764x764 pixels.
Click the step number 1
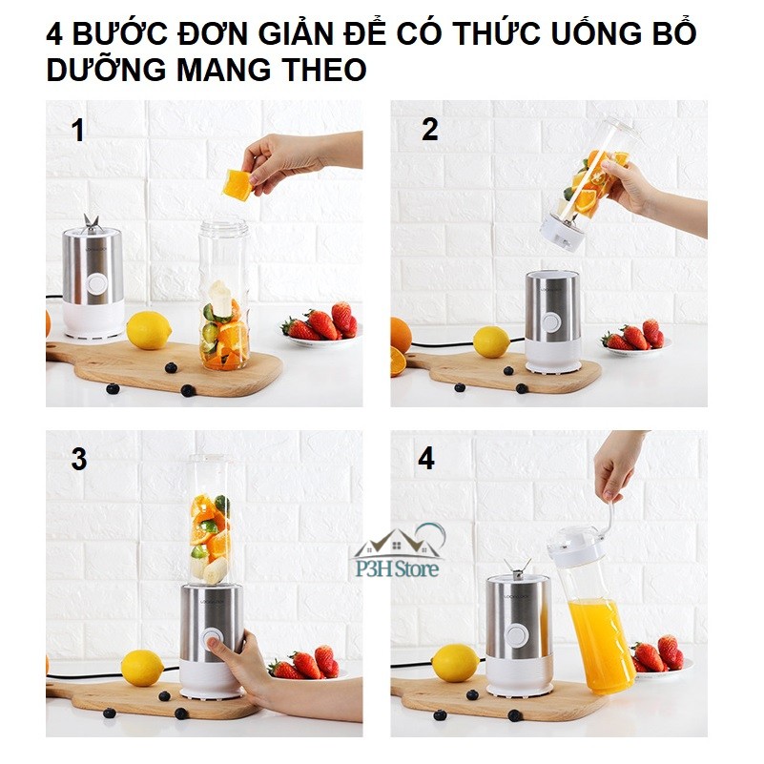coord(77,131)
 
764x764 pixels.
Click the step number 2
coord(429,130)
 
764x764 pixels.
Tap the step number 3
coord(79,459)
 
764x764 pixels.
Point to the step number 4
coord(426,459)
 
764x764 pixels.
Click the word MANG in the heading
coord(223,70)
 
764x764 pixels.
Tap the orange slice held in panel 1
coord(237,185)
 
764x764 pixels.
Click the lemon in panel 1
coord(149,330)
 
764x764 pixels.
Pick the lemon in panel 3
coord(142,668)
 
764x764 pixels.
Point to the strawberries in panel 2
coord(633,336)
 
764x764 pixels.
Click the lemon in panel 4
coord(455,663)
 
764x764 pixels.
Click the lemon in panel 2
coord(491,341)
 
